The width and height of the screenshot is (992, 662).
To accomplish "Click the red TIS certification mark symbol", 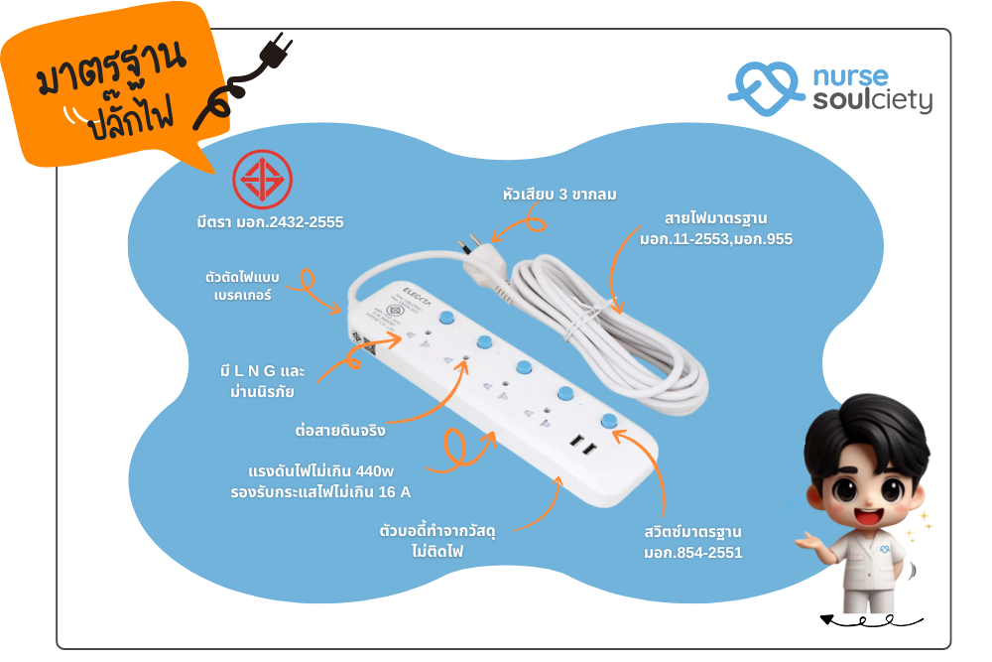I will [263, 182].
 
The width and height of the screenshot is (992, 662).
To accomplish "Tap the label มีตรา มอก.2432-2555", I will [270, 222].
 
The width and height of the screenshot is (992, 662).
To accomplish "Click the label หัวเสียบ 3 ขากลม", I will [559, 195].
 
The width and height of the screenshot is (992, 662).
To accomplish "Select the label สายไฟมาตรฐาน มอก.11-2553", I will [715, 228].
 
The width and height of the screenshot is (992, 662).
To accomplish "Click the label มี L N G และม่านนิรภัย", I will [262, 381].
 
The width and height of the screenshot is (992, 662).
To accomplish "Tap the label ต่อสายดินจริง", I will [340, 431].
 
